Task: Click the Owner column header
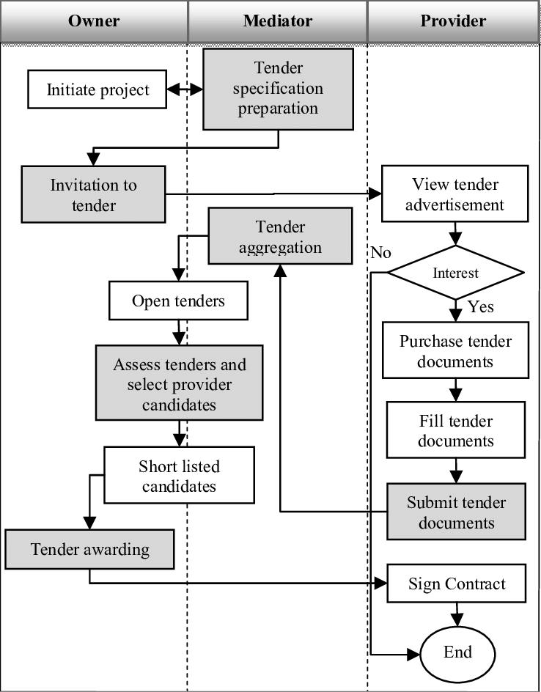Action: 94,21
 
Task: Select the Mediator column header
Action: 277,21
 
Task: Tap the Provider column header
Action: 453,21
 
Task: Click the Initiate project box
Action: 97,89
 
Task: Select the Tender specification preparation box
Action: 278,89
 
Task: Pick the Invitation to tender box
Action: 93,194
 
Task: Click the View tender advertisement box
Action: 454,194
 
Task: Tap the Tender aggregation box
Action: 280,236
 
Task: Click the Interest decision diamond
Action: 455,273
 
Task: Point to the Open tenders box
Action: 178,301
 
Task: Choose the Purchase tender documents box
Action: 455,350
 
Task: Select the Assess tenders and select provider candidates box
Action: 179,382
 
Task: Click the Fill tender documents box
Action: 456,430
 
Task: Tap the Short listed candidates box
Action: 179,476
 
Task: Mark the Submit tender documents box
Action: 456,512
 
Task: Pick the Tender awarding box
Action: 89,549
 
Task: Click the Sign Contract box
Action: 456,584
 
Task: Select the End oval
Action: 457,652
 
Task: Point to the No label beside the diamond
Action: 381,253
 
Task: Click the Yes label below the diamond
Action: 481,306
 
